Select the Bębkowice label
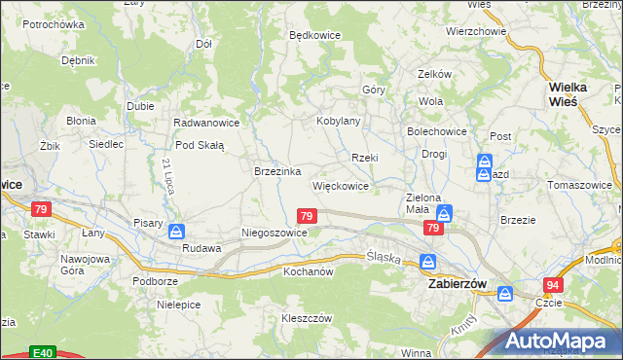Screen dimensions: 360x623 [314, 34]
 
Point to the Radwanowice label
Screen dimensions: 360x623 [206, 123]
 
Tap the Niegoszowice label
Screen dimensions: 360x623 [275, 234]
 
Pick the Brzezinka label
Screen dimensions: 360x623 [276, 170]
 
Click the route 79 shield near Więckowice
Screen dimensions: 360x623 [307, 216]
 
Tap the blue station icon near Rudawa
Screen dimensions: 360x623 [176, 232]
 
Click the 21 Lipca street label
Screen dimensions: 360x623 [168, 175]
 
